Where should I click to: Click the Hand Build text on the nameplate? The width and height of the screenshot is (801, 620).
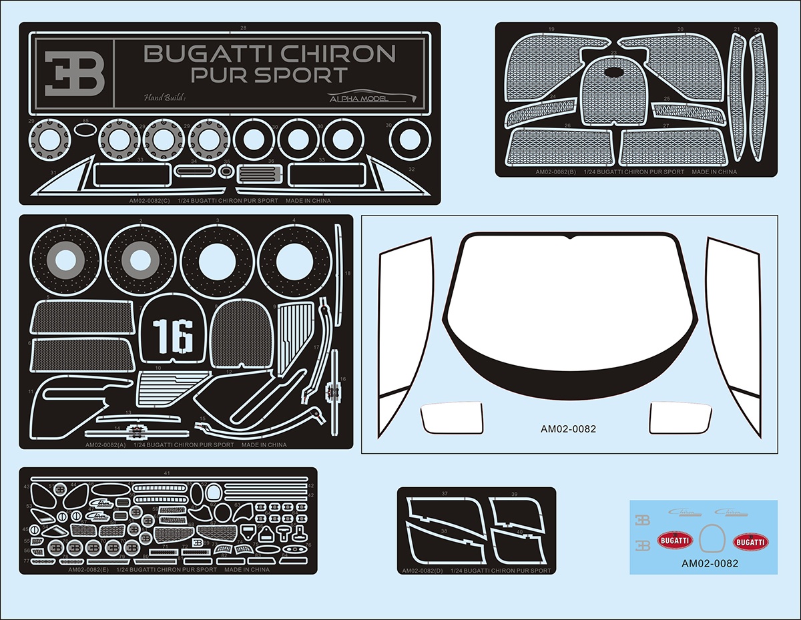pos(164,98)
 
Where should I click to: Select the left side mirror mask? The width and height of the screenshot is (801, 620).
pos(451,418)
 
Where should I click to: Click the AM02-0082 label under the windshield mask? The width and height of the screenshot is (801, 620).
pos(568,429)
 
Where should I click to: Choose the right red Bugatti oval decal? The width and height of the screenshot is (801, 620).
pos(750,542)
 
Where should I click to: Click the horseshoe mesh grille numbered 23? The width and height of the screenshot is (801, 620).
pos(615,94)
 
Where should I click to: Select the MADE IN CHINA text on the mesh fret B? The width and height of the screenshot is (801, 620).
pos(715,172)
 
